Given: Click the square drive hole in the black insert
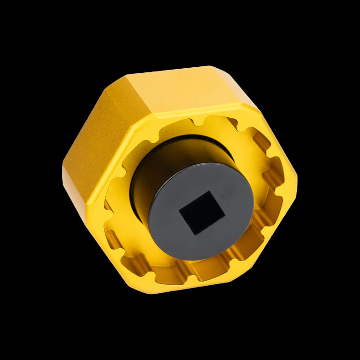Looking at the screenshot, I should tap(202, 212).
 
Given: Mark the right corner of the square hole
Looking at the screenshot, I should tap(225, 216).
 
